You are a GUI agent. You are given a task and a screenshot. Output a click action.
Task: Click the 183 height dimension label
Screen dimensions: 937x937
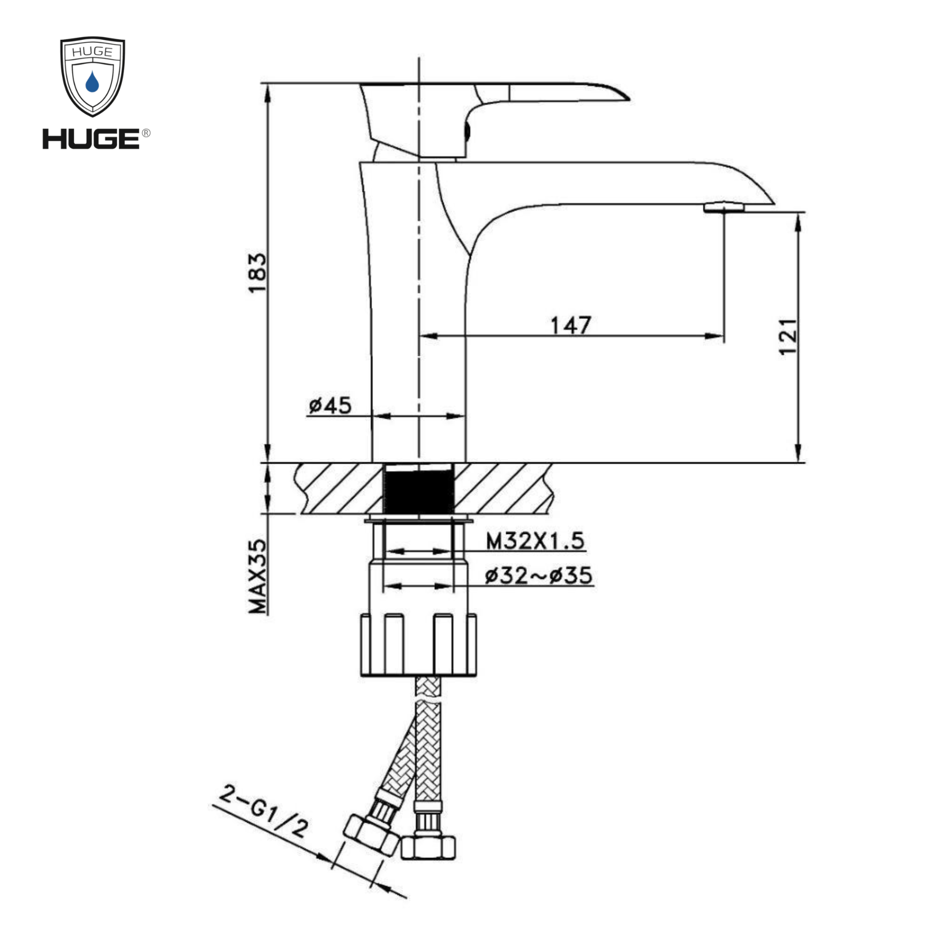click(258, 273)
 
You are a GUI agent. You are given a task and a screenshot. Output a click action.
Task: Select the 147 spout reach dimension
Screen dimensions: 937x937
click(571, 326)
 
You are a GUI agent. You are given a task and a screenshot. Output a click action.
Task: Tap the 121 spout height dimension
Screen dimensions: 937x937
click(788, 336)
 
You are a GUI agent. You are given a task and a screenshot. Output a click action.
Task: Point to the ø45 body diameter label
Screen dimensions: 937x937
click(330, 405)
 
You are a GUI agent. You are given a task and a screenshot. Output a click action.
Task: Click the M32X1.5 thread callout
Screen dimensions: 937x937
click(535, 541)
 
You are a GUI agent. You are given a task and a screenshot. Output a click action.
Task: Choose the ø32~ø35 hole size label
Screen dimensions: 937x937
click(538, 576)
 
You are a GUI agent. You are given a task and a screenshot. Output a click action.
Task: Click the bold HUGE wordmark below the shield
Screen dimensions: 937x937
click(91, 139)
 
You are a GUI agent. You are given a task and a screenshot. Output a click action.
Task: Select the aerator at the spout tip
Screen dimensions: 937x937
click(724, 207)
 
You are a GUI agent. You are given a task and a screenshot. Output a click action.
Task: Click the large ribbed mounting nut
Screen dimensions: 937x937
click(418, 645)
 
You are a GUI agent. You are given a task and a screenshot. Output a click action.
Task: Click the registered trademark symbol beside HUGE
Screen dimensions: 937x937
click(146, 133)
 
